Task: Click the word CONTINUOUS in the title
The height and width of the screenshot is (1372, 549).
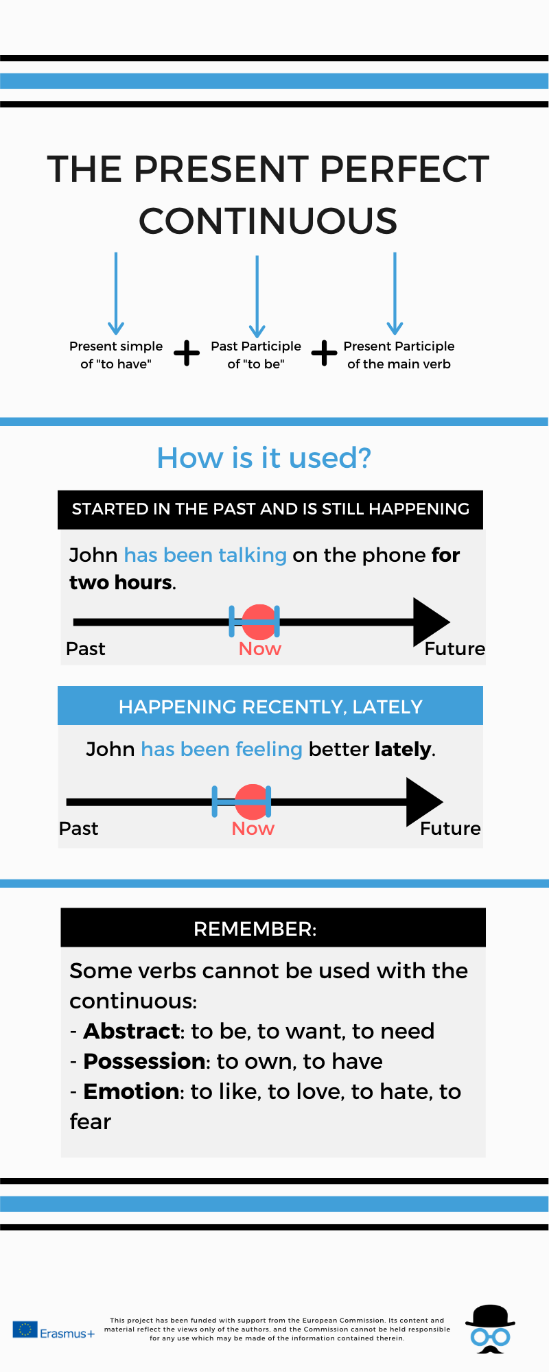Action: point(268,221)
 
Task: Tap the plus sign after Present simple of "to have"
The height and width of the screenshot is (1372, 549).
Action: point(187,353)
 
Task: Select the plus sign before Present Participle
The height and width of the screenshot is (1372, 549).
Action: point(324,353)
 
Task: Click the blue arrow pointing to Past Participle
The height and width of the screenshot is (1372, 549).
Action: point(257,296)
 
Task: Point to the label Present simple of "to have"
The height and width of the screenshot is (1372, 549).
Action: point(116,355)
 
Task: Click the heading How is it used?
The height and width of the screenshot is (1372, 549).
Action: point(264,458)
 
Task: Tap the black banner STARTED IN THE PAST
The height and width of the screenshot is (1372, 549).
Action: point(270,509)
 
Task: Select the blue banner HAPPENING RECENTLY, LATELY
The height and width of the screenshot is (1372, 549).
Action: point(270,706)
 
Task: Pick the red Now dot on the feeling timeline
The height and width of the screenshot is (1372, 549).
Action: point(252,802)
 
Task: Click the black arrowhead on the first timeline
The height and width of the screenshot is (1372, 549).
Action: point(431,622)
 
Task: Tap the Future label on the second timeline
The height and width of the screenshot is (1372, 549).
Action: point(450,829)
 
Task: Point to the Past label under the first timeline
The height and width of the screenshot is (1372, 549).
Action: point(86,649)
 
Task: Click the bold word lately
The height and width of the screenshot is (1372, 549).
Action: point(404,749)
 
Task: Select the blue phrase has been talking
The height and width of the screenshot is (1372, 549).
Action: point(205,555)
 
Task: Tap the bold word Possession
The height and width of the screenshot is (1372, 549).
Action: point(145,1061)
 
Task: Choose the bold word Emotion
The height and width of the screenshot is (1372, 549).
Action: point(131,1091)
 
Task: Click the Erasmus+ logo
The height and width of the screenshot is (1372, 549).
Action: point(54,1331)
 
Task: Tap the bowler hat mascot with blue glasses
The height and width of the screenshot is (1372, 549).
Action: point(490,1329)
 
